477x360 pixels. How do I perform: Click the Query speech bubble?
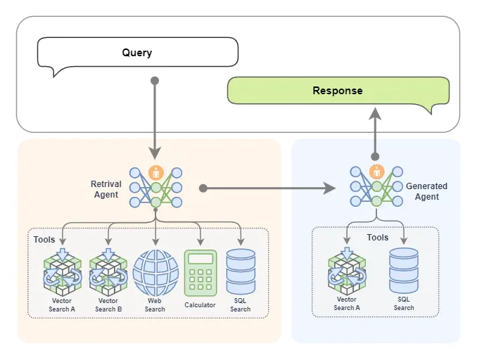pyautogui.click(x=137, y=53)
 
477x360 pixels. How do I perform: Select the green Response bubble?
pyautogui.click(x=338, y=91)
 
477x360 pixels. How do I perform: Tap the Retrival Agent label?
pyautogui.click(x=106, y=189)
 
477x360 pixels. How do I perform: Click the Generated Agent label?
pyautogui.click(x=426, y=191)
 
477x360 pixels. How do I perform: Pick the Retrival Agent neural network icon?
pyautogui.click(x=155, y=186)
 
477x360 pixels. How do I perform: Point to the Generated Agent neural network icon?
pyautogui.click(x=376, y=186)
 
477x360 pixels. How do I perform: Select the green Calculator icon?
pyautogui.click(x=200, y=273)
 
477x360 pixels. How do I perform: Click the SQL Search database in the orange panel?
pyautogui.click(x=241, y=271)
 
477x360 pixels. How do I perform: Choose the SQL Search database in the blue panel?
pyautogui.click(x=404, y=271)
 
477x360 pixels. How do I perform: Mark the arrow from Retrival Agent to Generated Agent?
pyautogui.click(x=267, y=188)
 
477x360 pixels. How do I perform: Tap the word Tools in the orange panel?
pyautogui.click(x=44, y=240)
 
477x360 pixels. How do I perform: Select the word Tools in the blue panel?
pyautogui.click(x=378, y=238)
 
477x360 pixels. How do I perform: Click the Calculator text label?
pyautogui.click(x=200, y=305)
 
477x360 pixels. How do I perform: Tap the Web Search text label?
pyautogui.click(x=155, y=305)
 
